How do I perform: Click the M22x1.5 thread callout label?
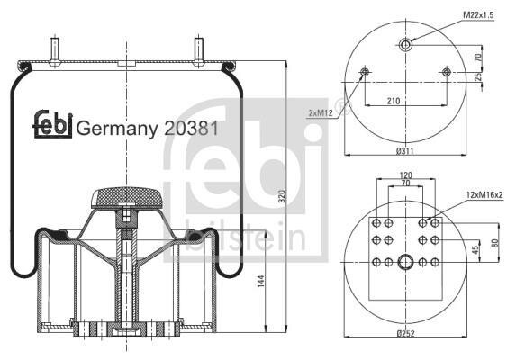coord(478,14)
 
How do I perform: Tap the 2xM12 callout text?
coord(321,113)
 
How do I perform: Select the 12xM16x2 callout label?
coord(484,194)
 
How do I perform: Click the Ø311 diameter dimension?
coord(405,151)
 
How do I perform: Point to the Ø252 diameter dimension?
coord(406,333)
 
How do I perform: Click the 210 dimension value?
coord(394,101)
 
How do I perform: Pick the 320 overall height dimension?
coord(282,196)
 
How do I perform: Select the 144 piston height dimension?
coord(260,282)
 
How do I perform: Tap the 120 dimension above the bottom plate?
coord(405,175)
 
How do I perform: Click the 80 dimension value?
coord(495,243)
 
